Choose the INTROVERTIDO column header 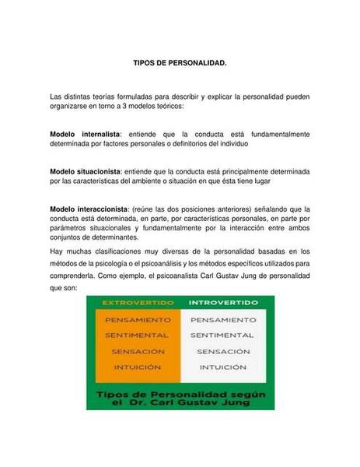(222, 302)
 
